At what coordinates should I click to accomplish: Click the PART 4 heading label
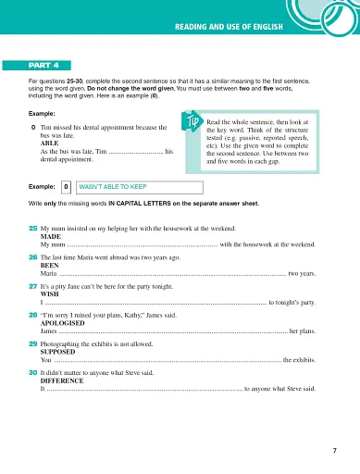tap(44, 66)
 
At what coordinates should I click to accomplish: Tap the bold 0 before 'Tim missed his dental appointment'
tap(34, 127)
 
